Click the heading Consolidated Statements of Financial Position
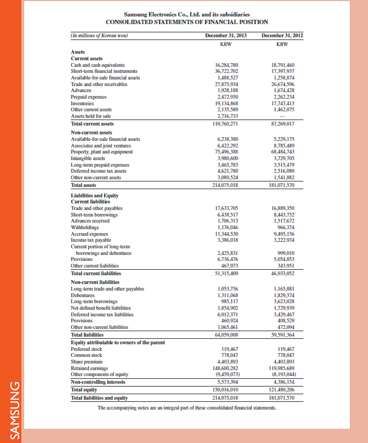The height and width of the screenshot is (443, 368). pos(187,22)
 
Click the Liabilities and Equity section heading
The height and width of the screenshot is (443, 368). pos(95,195)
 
